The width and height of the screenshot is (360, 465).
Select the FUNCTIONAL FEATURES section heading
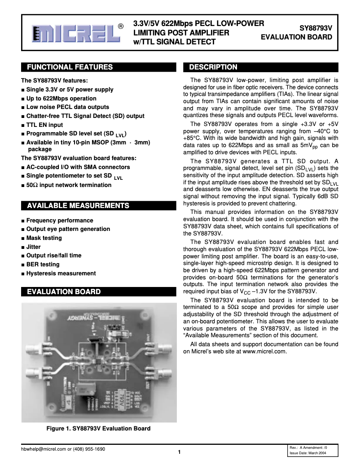(70, 67)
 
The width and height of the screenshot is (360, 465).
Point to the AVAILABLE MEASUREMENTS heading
(78, 206)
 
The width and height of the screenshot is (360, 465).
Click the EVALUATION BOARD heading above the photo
(64, 292)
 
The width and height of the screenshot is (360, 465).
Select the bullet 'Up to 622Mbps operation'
(61, 98)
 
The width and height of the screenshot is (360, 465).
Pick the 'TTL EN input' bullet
(44, 125)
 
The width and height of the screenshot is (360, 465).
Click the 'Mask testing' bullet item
(44, 238)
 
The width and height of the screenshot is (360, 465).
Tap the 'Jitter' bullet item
(33, 247)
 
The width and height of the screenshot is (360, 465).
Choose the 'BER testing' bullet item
(43, 265)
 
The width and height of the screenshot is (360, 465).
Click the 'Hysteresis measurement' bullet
(61, 273)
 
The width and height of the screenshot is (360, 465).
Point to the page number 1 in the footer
(179, 452)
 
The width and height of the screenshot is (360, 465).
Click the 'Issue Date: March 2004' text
(307, 453)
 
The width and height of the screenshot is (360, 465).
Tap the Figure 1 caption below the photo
(98, 428)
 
